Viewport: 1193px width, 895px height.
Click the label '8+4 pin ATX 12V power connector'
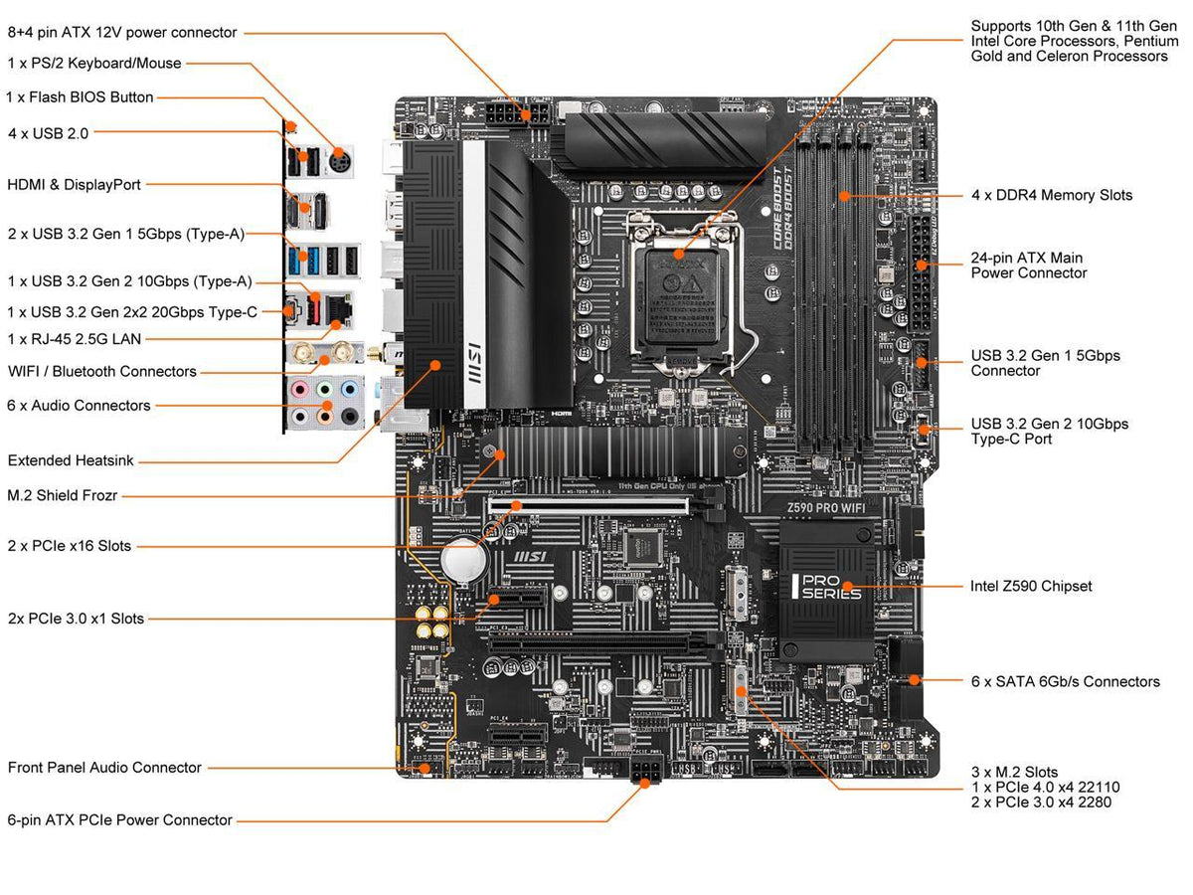point(122,33)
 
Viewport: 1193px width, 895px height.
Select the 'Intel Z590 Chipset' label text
point(1030,586)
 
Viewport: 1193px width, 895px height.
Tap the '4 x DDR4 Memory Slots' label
point(1051,195)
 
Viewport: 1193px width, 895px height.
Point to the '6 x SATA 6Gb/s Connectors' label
point(1065,681)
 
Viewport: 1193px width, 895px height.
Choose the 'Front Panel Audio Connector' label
point(104,767)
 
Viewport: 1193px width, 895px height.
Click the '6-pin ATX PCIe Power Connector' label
point(119,819)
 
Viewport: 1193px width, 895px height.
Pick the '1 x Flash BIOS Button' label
point(80,97)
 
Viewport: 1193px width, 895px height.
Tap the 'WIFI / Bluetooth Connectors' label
point(102,371)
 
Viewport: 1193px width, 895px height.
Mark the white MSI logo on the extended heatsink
point(474,365)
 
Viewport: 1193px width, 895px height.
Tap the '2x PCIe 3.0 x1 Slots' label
point(76,619)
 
